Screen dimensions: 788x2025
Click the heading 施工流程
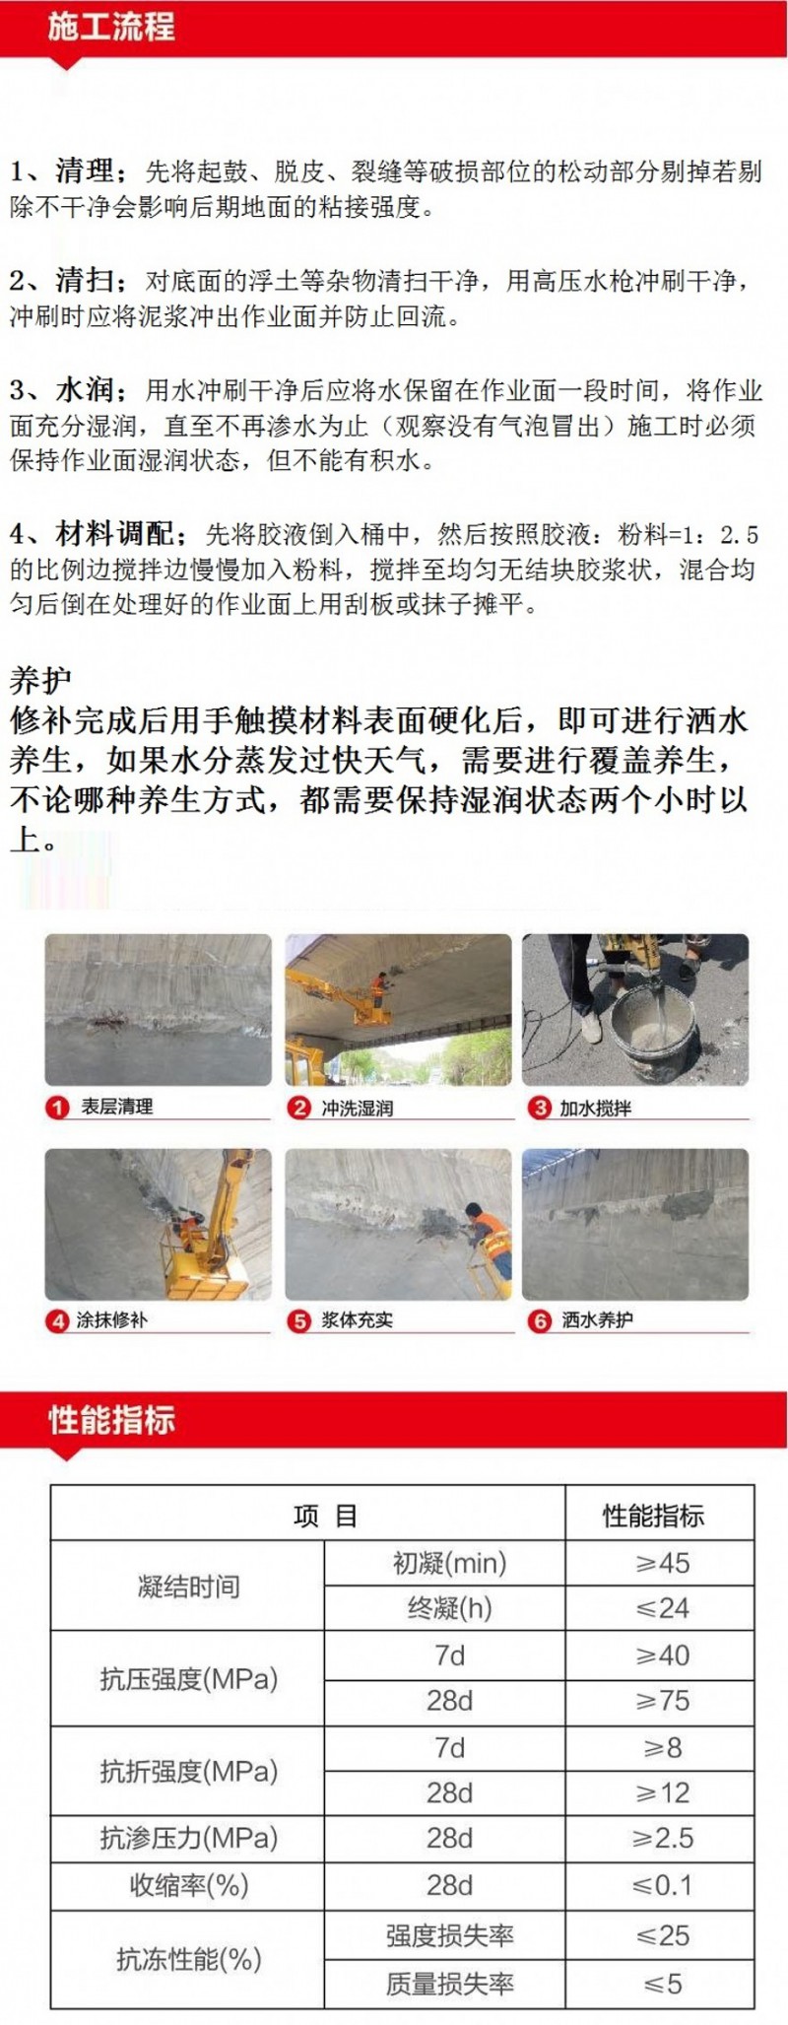pyautogui.click(x=111, y=27)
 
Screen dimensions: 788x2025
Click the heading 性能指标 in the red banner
pyautogui.click(x=111, y=1420)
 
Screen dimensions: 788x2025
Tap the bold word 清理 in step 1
pyautogui.click(x=84, y=171)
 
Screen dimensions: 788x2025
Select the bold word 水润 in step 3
pyautogui.click(x=84, y=390)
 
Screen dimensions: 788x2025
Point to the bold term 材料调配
pyautogui.click(x=114, y=535)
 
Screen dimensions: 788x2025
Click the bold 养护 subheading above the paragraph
pyautogui.click(x=40, y=680)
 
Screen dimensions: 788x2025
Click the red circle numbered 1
pyautogui.click(x=57, y=1108)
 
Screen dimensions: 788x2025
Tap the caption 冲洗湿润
pyautogui.click(x=357, y=1108)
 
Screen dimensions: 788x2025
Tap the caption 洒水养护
pyautogui.click(x=597, y=1320)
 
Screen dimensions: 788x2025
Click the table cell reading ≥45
pyautogui.click(x=662, y=1563)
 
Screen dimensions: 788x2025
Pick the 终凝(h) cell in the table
pyautogui.click(x=449, y=1608)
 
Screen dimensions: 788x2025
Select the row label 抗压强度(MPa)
pyautogui.click(x=188, y=1678)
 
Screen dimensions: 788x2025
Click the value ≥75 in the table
pyautogui.click(x=662, y=1701)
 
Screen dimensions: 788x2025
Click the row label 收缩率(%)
pyautogui.click(x=188, y=1885)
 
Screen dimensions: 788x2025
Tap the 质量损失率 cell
pyautogui.click(x=450, y=1984)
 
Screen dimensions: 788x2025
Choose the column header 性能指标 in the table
pyautogui.click(x=654, y=1516)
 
